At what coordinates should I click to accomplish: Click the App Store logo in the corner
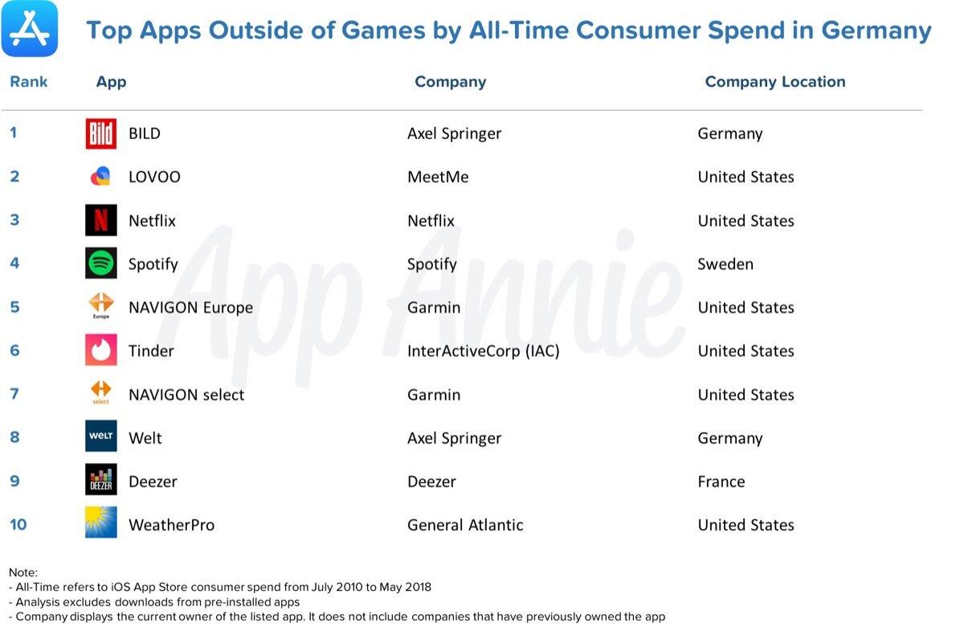30,29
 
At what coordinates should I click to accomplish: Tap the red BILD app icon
101,133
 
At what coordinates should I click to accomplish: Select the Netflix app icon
101,220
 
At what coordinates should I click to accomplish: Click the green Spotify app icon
101,264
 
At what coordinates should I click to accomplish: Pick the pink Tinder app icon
101,350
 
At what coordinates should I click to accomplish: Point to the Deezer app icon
101,481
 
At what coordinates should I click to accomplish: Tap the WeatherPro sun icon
101,523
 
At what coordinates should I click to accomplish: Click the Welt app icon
101,437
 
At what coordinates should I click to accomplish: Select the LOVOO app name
154,177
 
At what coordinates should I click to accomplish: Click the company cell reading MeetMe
438,177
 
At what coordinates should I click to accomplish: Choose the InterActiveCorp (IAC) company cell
483,350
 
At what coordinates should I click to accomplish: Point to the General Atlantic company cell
465,525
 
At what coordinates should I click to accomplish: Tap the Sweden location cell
725,264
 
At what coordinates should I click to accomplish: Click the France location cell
721,481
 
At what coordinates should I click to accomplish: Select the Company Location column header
775,82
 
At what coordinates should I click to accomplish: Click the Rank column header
29,82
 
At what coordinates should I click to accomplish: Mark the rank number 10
18,525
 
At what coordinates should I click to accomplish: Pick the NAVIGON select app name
186,395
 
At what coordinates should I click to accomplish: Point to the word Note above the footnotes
23,572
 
